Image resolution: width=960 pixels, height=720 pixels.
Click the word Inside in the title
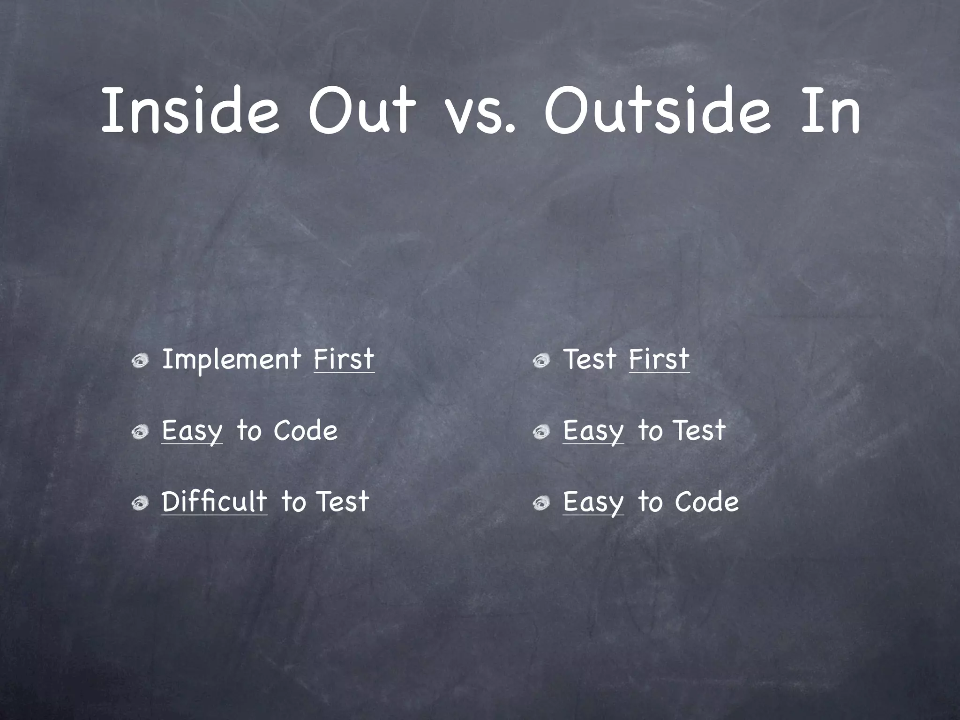click(190, 110)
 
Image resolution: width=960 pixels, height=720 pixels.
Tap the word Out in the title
click(361, 110)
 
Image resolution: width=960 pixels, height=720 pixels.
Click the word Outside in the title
click(657, 110)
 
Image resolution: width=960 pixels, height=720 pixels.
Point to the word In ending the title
click(830, 110)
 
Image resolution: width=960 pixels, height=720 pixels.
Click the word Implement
click(231, 360)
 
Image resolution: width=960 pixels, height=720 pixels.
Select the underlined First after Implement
click(344, 360)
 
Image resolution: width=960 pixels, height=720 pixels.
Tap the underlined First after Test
click(659, 360)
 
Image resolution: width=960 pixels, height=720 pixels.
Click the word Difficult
click(214, 501)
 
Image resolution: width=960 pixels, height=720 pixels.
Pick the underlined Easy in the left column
click(192, 431)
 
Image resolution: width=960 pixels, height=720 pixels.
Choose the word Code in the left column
click(305, 431)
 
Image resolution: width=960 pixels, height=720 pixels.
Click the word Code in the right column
click(706, 502)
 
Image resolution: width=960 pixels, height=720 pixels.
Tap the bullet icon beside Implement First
click(140, 360)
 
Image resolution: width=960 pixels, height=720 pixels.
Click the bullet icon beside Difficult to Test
click(140, 503)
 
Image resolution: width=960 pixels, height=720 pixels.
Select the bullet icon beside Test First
click(541, 360)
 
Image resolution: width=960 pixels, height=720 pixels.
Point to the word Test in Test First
click(590, 360)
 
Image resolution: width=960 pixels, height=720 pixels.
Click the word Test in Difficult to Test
click(343, 501)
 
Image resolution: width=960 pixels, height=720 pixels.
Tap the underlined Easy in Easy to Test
click(593, 431)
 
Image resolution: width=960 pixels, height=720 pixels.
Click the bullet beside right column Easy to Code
click(541, 503)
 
